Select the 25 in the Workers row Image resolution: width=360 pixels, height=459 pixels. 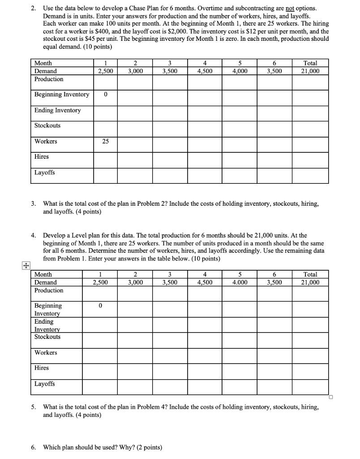pyautogui.click(x=105, y=142)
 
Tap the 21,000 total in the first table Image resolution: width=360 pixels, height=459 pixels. pyautogui.click(x=310, y=71)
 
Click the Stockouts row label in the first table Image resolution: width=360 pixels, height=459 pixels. pyautogui.click(x=47, y=126)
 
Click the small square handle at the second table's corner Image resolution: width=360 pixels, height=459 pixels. pyautogui.click(x=331, y=397)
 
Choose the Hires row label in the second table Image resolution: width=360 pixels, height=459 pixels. pyautogui.click(x=42, y=368)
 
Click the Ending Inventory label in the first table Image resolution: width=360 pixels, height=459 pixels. pyautogui.click(x=58, y=110)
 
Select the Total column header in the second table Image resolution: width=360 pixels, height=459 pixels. pyautogui.click(x=310, y=274)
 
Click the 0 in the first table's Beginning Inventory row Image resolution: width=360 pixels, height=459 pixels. pyautogui.click(x=105, y=95)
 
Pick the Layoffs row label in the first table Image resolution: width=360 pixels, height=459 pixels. pyautogui.click(x=45, y=173)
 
